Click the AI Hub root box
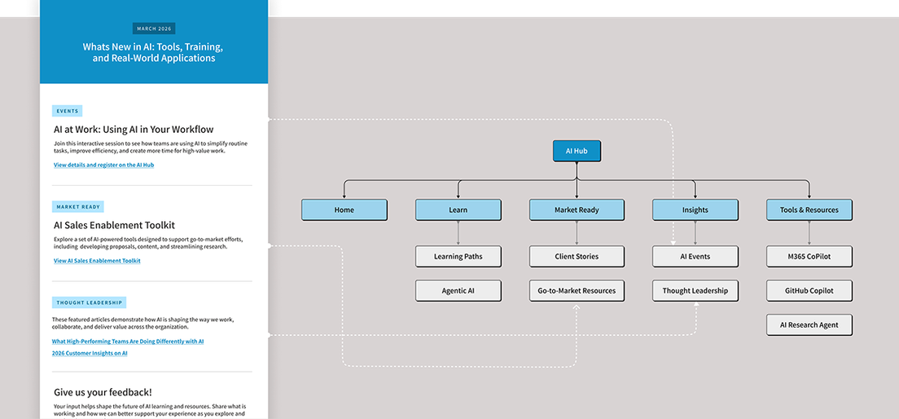[x=577, y=151]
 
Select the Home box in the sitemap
[x=344, y=209]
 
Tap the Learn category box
[x=458, y=209]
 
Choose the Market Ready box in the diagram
[x=577, y=209]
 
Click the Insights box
[x=695, y=209]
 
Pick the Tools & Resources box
[x=809, y=209]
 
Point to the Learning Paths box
[x=458, y=257]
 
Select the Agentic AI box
[x=458, y=291]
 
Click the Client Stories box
[x=577, y=257]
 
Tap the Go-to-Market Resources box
[x=577, y=291]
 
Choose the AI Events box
[x=695, y=257]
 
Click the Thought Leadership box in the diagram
[x=695, y=291]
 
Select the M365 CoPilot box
[x=809, y=257]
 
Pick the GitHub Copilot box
[x=809, y=291]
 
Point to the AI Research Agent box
[x=809, y=324]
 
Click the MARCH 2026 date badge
[x=154, y=29]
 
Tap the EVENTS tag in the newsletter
[x=68, y=111]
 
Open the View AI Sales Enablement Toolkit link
[x=97, y=261]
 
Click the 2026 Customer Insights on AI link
[x=90, y=354]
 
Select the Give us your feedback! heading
[x=103, y=392]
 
